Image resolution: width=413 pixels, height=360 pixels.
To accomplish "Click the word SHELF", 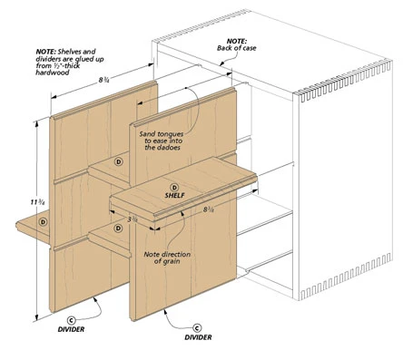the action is [174, 195].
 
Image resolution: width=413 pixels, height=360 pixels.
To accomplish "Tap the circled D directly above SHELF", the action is [174, 188].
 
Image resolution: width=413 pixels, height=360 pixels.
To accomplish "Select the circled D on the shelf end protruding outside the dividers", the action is [44, 222].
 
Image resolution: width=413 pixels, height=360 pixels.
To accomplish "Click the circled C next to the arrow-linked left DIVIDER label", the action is [71, 320].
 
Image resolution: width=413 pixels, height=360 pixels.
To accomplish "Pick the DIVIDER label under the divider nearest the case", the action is [198, 337].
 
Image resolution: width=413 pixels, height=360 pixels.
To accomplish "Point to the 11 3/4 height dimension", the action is [38, 202].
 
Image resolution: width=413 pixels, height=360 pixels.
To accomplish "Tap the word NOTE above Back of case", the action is [237, 41].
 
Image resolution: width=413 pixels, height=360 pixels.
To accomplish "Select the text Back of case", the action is [236, 48].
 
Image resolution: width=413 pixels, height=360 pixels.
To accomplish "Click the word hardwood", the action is [53, 73].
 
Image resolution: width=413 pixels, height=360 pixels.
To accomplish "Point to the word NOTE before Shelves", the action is [45, 52].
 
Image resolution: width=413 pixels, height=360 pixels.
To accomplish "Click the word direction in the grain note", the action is [176, 254].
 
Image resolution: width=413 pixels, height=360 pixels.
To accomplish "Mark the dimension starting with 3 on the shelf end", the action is [133, 219].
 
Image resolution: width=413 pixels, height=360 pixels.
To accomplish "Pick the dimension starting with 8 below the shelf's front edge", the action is [208, 209].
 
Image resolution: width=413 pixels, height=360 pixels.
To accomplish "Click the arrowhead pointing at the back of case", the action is [221, 63].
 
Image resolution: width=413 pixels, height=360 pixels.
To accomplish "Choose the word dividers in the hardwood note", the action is [47, 59].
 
